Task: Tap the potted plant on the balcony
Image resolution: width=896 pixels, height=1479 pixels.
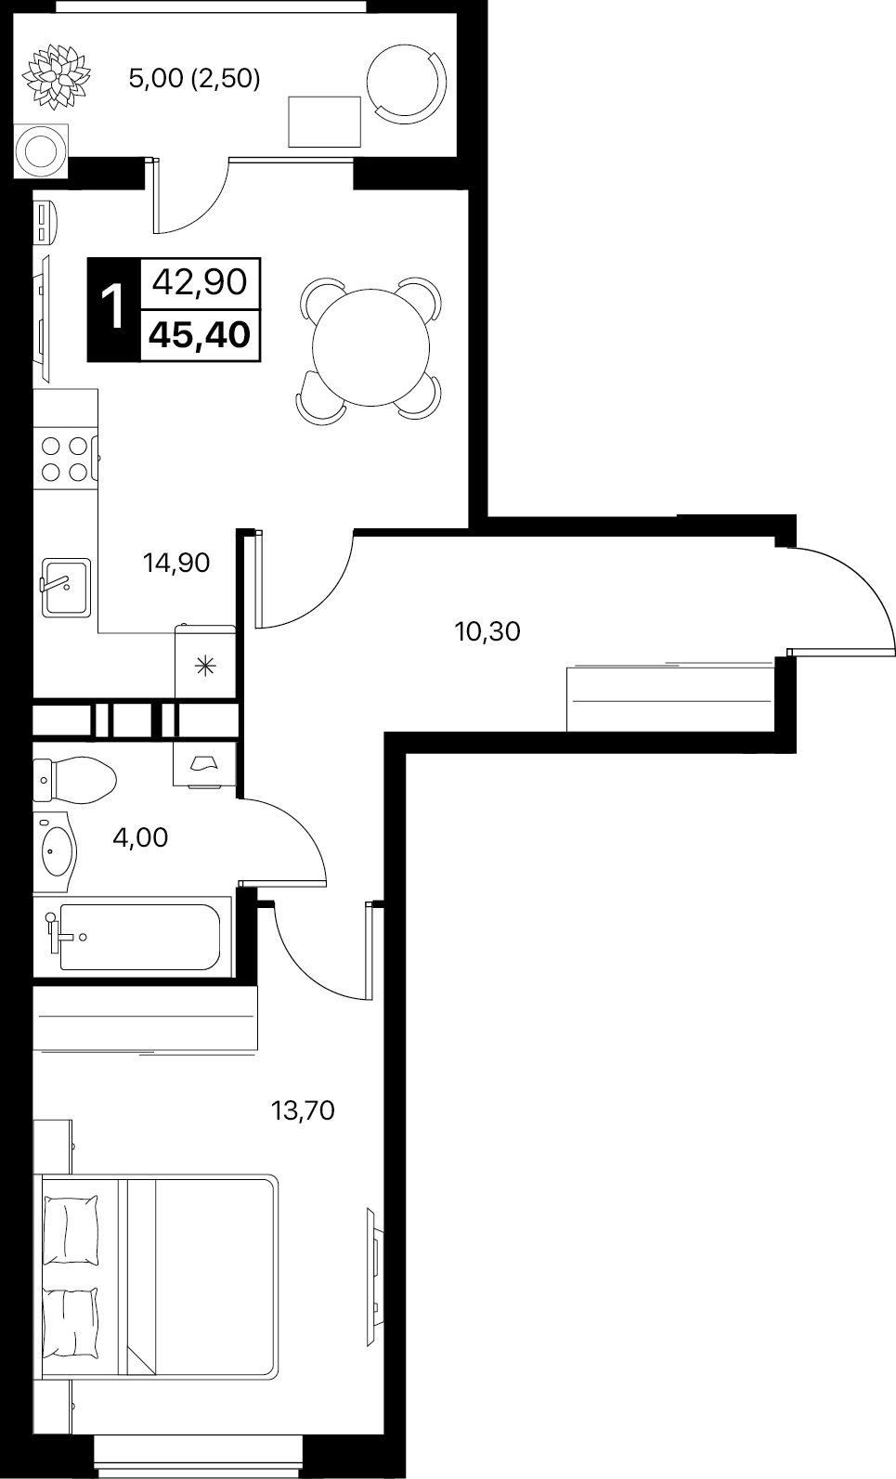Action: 56,76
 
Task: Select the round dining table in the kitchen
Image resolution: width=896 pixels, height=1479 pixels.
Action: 370,347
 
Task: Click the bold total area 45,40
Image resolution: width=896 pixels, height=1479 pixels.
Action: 200,335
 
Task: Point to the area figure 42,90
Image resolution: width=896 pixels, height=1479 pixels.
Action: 200,282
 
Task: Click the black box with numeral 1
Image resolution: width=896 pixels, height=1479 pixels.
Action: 114,309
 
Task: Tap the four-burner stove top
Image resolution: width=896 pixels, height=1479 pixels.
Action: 65,459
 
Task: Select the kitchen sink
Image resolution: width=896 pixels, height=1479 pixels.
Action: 66,588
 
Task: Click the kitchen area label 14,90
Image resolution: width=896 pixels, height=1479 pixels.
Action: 176,563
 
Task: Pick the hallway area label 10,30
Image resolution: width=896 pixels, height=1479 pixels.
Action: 487,632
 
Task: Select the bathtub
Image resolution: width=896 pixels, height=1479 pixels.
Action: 132,936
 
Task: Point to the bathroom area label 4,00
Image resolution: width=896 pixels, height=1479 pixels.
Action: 140,837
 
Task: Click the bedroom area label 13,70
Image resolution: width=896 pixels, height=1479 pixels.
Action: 303,1110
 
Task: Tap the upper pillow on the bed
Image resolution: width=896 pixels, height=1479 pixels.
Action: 71,1230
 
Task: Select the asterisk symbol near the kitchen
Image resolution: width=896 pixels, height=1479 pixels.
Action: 205,667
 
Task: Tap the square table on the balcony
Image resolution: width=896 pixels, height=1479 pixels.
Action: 324,122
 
